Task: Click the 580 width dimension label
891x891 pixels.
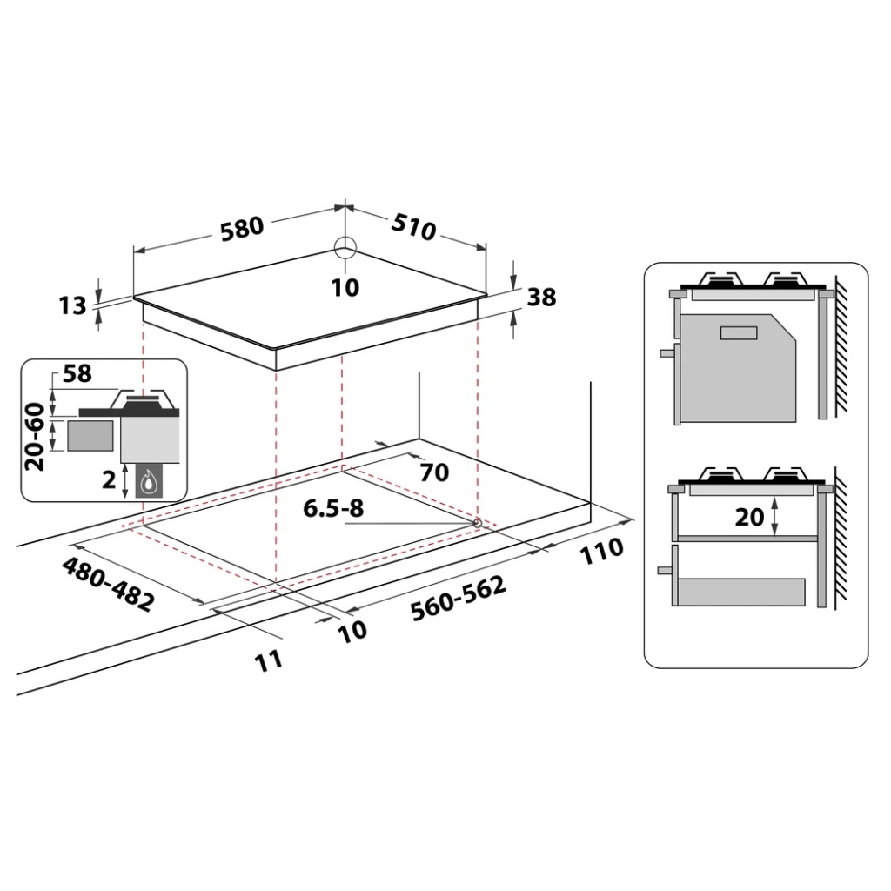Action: click(241, 228)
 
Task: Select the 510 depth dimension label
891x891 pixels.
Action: click(412, 227)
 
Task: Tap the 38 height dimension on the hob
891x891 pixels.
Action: click(541, 297)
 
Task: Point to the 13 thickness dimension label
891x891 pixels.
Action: click(73, 305)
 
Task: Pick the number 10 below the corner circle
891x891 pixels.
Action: click(345, 287)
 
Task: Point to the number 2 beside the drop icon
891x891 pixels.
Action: click(109, 479)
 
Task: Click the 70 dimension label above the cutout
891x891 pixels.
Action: click(433, 472)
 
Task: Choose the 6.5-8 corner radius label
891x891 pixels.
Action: click(333, 509)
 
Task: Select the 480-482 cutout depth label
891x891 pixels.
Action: click(109, 582)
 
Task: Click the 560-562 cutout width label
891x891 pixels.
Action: click(458, 598)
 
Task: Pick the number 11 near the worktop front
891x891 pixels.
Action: click(270, 659)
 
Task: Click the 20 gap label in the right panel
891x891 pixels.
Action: click(749, 517)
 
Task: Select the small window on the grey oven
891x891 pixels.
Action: click(738, 332)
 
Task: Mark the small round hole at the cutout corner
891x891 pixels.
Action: click(477, 522)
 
